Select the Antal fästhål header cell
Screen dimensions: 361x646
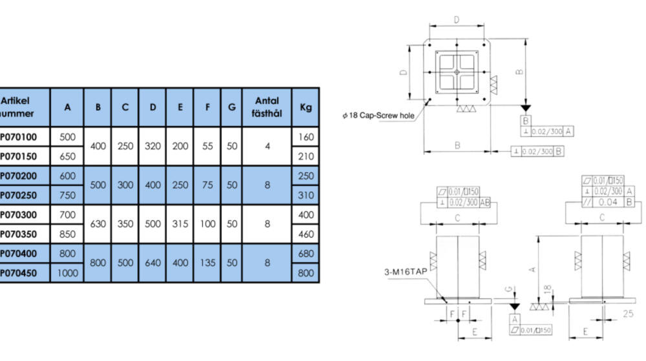pyautogui.click(x=267, y=107)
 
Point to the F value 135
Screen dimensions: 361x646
pyautogui.click(x=207, y=263)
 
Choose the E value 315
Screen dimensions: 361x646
pyautogui.click(x=180, y=224)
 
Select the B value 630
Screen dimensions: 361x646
pyautogui.click(x=98, y=224)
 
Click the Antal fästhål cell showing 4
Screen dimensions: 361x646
pyautogui.click(x=267, y=146)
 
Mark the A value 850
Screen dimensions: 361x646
pyautogui.click(x=68, y=234)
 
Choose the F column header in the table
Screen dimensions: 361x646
pyautogui.click(x=207, y=107)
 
